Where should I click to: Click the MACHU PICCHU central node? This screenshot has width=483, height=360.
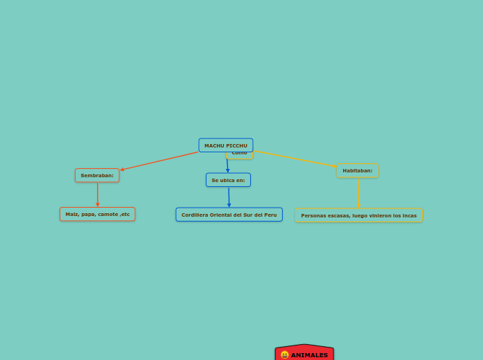(x=225, y=145)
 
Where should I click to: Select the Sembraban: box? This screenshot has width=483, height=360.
(x=97, y=175)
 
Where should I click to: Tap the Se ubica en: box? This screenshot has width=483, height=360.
(x=228, y=180)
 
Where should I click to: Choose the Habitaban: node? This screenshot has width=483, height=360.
(x=357, y=170)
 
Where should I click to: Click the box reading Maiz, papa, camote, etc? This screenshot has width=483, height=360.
(x=97, y=214)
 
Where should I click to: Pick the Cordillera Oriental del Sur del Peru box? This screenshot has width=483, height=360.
(x=229, y=215)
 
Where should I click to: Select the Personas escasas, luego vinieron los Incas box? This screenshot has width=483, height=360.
(x=358, y=215)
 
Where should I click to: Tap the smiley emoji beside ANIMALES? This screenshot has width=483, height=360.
(x=285, y=355)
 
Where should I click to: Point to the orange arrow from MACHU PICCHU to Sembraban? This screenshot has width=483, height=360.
(x=159, y=161)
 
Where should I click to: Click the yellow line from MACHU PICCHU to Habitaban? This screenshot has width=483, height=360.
(x=295, y=159)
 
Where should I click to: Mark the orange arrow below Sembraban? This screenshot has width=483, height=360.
(x=98, y=195)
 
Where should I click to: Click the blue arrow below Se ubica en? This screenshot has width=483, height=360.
(x=229, y=197)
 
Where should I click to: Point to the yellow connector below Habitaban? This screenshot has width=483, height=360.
(x=358, y=192)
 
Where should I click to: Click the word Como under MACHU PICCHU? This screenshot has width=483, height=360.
(x=240, y=153)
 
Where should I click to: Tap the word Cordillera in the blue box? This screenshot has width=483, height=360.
(x=194, y=215)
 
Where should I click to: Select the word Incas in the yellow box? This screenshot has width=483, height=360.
(x=409, y=215)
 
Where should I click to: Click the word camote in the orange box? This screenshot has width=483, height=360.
(x=108, y=214)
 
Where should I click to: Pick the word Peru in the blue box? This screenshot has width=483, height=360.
(x=269, y=215)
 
